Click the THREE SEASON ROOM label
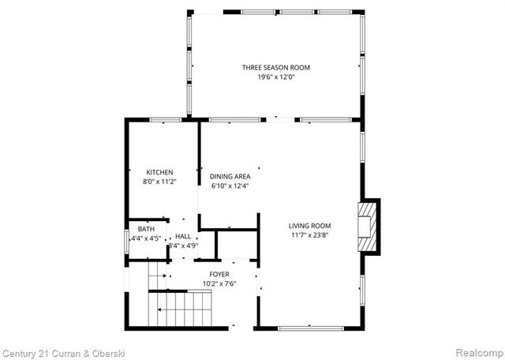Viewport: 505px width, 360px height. (x=275, y=68)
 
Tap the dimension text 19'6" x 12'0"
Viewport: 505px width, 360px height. (x=275, y=77)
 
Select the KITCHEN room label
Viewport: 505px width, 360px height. (x=159, y=172)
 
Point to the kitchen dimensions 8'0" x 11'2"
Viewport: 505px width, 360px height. (x=159, y=182)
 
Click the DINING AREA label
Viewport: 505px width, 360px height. (x=230, y=176)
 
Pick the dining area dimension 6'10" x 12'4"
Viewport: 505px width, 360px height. (x=230, y=186)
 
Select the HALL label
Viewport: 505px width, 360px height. (x=183, y=236)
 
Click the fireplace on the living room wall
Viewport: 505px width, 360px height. (x=368, y=227)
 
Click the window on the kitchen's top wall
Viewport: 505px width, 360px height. (x=165, y=120)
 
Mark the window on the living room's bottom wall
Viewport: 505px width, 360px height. (x=311, y=328)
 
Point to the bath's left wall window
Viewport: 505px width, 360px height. (x=126, y=240)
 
